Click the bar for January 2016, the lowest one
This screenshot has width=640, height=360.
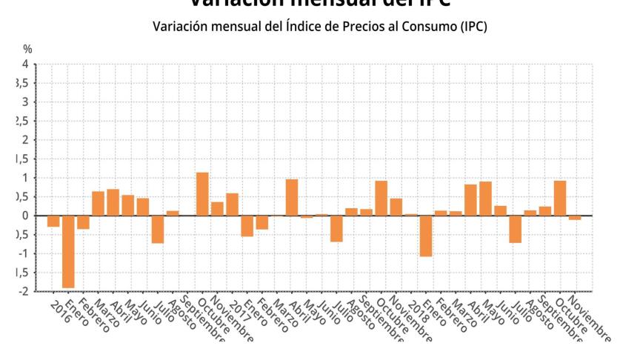pyautogui.click(x=68, y=251)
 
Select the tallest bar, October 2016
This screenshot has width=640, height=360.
pyautogui.click(x=202, y=194)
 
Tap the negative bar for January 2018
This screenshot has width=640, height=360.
pyautogui.click(x=426, y=236)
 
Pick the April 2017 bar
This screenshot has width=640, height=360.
pyautogui.click(x=292, y=197)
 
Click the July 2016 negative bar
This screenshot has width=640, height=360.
pyautogui.click(x=157, y=229)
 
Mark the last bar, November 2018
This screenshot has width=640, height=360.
pyautogui.click(x=575, y=218)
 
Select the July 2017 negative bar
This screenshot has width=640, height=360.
pyautogui.click(x=336, y=228)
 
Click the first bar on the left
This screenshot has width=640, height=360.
pyautogui.click(x=53, y=221)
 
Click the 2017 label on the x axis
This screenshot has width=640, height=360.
pyautogui.click(x=237, y=307)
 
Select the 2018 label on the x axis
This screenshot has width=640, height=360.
pyautogui.click(x=416, y=307)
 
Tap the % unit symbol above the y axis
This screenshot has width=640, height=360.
pyautogui.click(x=27, y=49)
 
